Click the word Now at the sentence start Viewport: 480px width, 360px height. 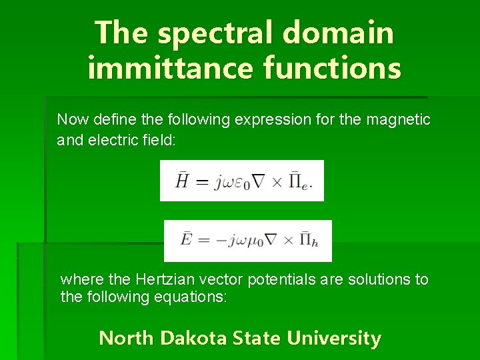[x=71, y=120]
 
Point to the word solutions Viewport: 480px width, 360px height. [x=379, y=279]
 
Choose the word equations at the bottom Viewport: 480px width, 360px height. [x=193, y=297]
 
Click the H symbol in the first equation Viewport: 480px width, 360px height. [x=181, y=181]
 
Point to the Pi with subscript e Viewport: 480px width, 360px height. [x=299, y=181]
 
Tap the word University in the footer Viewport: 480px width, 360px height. [x=334, y=339]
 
